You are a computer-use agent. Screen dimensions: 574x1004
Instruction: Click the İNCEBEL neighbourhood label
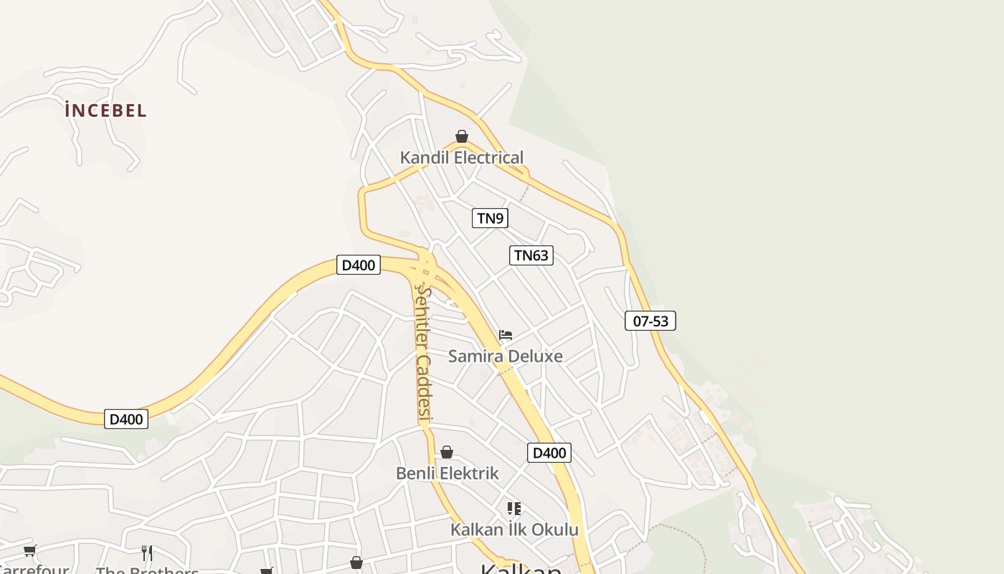(105, 110)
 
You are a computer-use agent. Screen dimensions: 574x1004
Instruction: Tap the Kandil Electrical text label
(462, 158)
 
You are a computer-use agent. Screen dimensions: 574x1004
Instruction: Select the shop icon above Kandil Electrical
(462, 136)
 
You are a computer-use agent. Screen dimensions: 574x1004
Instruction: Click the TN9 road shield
(490, 218)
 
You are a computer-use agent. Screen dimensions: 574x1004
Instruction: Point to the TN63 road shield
(531, 255)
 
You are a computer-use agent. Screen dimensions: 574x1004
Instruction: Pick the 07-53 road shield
(650, 321)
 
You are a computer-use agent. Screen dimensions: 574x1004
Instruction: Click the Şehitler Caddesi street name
(424, 354)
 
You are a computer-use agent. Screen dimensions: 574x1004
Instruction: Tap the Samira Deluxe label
(506, 356)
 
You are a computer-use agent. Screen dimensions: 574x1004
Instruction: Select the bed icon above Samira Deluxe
(506, 334)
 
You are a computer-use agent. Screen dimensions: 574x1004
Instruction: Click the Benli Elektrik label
(447, 474)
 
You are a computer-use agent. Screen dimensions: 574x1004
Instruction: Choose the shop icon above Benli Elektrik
(447, 452)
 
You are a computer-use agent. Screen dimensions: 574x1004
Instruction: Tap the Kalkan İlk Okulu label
(514, 530)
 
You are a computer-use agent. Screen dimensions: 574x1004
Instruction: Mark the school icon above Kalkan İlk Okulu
(514, 509)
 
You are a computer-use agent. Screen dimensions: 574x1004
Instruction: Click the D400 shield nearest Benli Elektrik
(549, 453)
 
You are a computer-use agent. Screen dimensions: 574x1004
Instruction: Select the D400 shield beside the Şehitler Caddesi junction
(358, 265)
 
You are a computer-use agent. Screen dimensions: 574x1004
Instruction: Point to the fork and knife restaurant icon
(147, 552)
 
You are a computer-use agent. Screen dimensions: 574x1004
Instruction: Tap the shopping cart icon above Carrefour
(29, 551)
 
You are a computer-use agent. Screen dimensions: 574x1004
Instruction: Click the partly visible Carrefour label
(34, 570)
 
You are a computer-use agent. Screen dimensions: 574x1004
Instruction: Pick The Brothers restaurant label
(147, 570)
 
